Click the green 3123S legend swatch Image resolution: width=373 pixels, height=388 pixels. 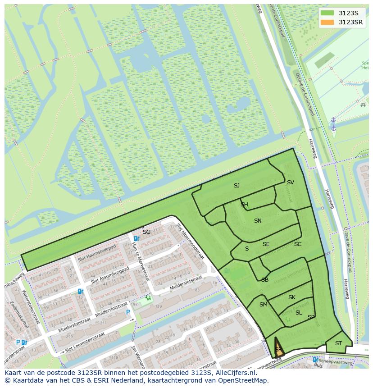(327, 13)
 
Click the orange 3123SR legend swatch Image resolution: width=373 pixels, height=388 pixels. (327, 22)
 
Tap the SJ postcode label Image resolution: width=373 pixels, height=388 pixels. (237, 185)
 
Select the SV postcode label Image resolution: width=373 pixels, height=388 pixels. (291, 183)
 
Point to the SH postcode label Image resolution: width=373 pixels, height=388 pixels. (244, 205)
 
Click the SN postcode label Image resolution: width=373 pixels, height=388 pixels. (258, 221)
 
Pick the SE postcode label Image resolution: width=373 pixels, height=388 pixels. (266, 244)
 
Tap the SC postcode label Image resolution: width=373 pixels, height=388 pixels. (298, 244)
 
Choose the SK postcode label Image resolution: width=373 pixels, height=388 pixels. (292, 297)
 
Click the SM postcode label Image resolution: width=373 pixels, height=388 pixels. (264, 305)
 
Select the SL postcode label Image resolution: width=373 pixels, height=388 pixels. (299, 313)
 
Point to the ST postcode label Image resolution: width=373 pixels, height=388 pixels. (338, 343)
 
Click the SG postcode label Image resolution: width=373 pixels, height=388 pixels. (146, 232)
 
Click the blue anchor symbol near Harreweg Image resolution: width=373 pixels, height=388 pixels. (333, 123)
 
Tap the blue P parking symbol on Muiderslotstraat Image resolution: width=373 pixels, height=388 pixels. (128, 312)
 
